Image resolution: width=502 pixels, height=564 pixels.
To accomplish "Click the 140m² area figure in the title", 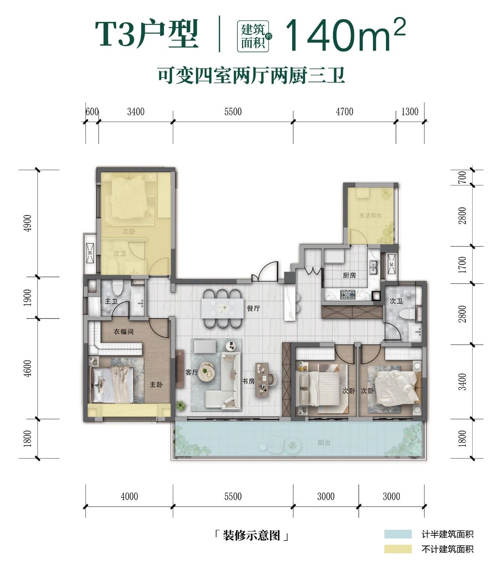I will pos(344,35).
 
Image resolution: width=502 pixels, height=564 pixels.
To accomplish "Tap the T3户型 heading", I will pos(147,35).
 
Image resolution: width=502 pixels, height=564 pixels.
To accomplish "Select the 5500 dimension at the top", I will pos(233,112).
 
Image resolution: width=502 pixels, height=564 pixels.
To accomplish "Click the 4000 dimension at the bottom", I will pos(129,497).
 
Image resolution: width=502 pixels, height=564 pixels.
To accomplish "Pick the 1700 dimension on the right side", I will pos(462,265).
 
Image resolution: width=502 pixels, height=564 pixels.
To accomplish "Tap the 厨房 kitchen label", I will pos(349,275).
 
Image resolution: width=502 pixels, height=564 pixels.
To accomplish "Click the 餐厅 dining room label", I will pos(253,308).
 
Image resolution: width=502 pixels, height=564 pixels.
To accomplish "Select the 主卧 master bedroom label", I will pos(156,385).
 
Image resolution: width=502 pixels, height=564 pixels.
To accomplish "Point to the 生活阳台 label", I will pos(371,215).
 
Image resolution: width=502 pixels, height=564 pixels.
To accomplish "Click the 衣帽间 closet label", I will pos(124,332).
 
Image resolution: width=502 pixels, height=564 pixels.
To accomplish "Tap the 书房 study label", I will pos(248,381).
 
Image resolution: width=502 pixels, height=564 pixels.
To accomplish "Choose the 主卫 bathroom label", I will pos(111,301).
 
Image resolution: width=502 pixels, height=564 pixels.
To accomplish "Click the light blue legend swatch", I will pos(398,534).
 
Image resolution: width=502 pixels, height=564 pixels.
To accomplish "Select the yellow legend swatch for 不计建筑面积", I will pos(398,549).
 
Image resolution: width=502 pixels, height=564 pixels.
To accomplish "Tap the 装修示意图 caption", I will pos(251,535).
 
